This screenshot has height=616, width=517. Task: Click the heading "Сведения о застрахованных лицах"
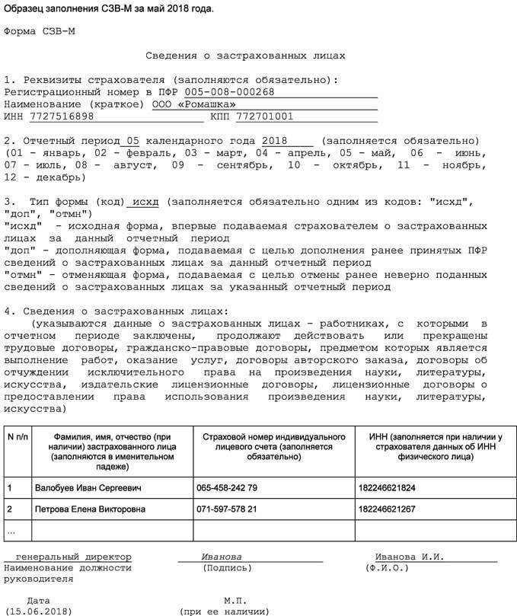click(x=244, y=56)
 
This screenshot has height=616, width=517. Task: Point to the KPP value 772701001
click(x=264, y=116)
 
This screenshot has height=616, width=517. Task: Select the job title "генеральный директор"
click(x=73, y=557)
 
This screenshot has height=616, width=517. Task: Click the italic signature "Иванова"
click(x=222, y=557)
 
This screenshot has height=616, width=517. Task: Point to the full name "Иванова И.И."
click(x=409, y=557)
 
